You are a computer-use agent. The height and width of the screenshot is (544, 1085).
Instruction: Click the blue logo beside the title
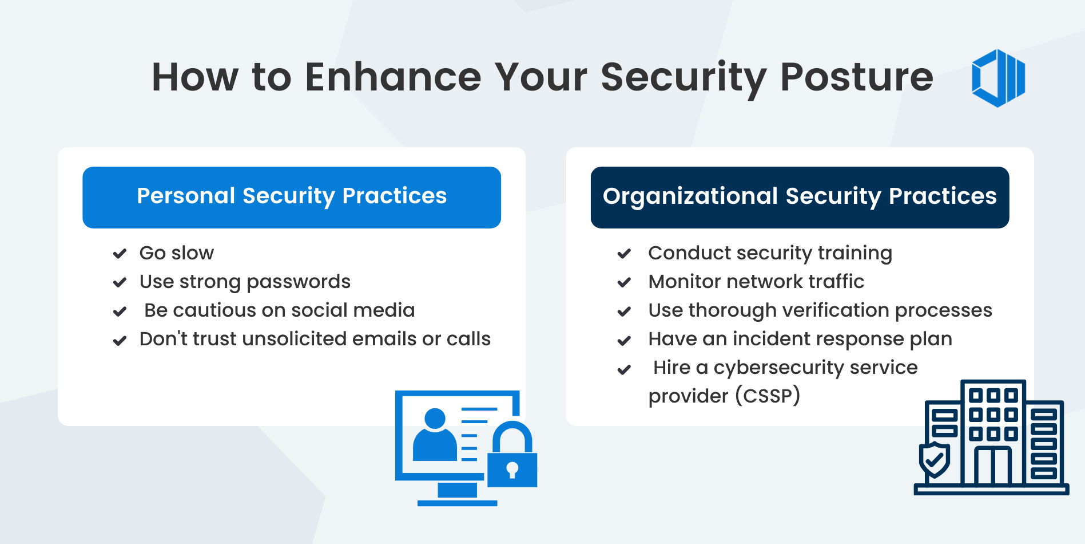pyautogui.click(x=998, y=78)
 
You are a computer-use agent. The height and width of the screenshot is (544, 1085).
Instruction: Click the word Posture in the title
pyautogui.click(x=856, y=77)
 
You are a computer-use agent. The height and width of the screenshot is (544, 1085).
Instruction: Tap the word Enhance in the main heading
pyautogui.click(x=393, y=77)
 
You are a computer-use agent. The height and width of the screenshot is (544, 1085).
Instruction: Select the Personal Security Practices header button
pyautogui.click(x=292, y=198)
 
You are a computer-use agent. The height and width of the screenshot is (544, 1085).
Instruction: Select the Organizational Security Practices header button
pyautogui.click(x=800, y=198)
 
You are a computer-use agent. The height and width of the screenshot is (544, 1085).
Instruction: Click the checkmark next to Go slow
pyautogui.click(x=120, y=254)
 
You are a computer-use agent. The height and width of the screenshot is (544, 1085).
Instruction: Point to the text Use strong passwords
pyautogui.click(x=245, y=282)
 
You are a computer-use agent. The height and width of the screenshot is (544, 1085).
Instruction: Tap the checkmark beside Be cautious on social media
pyautogui.click(x=120, y=312)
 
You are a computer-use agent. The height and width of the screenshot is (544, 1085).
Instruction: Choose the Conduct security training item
pyautogui.click(x=770, y=253)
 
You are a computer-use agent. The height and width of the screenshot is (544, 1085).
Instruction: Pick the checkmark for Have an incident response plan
pyautogui.click(x=624, y=340)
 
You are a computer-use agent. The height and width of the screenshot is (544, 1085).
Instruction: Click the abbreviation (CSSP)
pyautogui.click(x=768, y=396)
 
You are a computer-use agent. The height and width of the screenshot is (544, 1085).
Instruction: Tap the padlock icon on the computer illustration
pyautogui.click(x=512, y=455)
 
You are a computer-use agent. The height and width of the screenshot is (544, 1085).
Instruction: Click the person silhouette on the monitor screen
pyautogui.click(x=435, y=435)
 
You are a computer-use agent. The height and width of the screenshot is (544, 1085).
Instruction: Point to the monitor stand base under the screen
pyautogui.click(x=457, y=503)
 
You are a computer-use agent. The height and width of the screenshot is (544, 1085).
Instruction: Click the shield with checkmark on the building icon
pyautogui.click(x=934, y=460)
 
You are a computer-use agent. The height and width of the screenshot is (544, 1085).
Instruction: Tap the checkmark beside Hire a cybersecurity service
pyautogui.click(x=624, y=369)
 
